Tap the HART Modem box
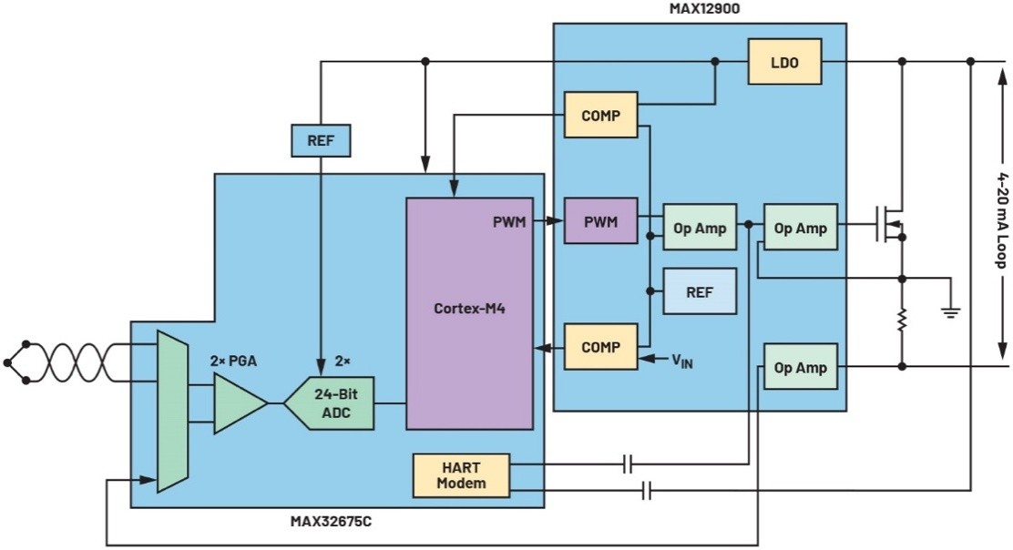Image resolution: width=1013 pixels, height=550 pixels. (462, 475)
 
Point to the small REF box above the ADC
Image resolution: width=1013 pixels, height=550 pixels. (320, 141)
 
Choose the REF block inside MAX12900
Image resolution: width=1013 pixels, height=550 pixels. (700, 291)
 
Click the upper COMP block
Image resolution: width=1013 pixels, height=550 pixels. (600, 116)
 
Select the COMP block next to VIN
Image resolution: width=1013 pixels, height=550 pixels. (600, 347)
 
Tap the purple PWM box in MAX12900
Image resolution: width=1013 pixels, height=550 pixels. (600, 220)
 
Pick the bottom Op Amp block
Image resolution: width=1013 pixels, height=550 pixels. (799, 366)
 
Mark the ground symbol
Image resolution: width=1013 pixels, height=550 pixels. (950, 313)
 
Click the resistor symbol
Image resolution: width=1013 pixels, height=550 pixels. (901, 321)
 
